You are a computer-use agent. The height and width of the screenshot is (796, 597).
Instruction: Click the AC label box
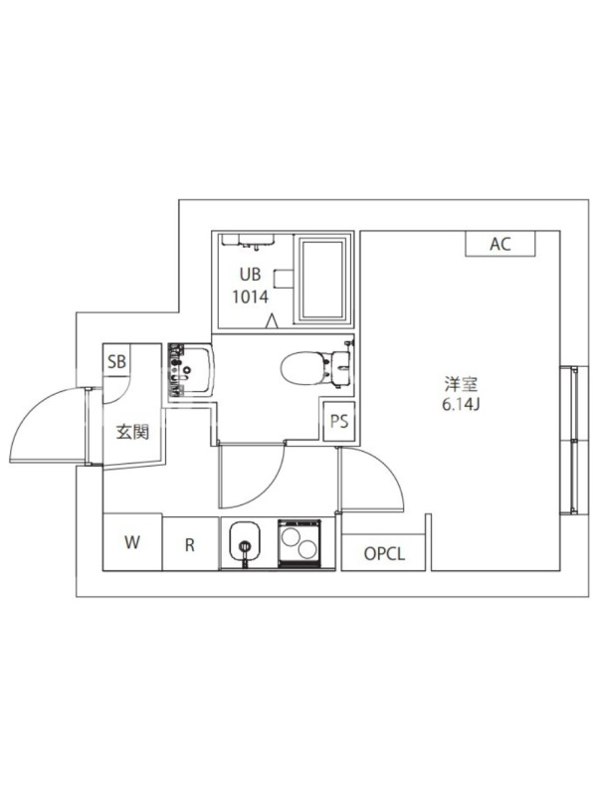[500, 244]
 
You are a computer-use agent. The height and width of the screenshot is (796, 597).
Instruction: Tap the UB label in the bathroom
[251, 275]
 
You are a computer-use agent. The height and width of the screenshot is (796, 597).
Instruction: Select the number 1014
[251, 297]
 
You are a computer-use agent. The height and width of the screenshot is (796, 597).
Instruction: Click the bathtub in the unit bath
[322, 279]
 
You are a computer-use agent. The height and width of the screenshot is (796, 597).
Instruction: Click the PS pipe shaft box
[339, 421]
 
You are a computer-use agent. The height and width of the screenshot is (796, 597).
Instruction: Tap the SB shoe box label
[116, 361]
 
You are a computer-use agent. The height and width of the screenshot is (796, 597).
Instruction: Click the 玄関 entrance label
[132, 433]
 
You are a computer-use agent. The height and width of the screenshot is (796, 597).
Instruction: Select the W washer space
[132, 542]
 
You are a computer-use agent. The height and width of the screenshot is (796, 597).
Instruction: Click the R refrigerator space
[190, 544]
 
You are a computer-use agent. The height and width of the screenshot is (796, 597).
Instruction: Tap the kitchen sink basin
[245, 541]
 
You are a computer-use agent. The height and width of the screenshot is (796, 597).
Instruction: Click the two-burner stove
[299, 542]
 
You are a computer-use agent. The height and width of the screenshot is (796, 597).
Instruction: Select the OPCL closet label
[384, 554]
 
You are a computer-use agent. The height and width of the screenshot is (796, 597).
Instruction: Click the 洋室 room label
[461, 384]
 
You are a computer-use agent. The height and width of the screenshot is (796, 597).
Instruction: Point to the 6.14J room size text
[461, 405]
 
